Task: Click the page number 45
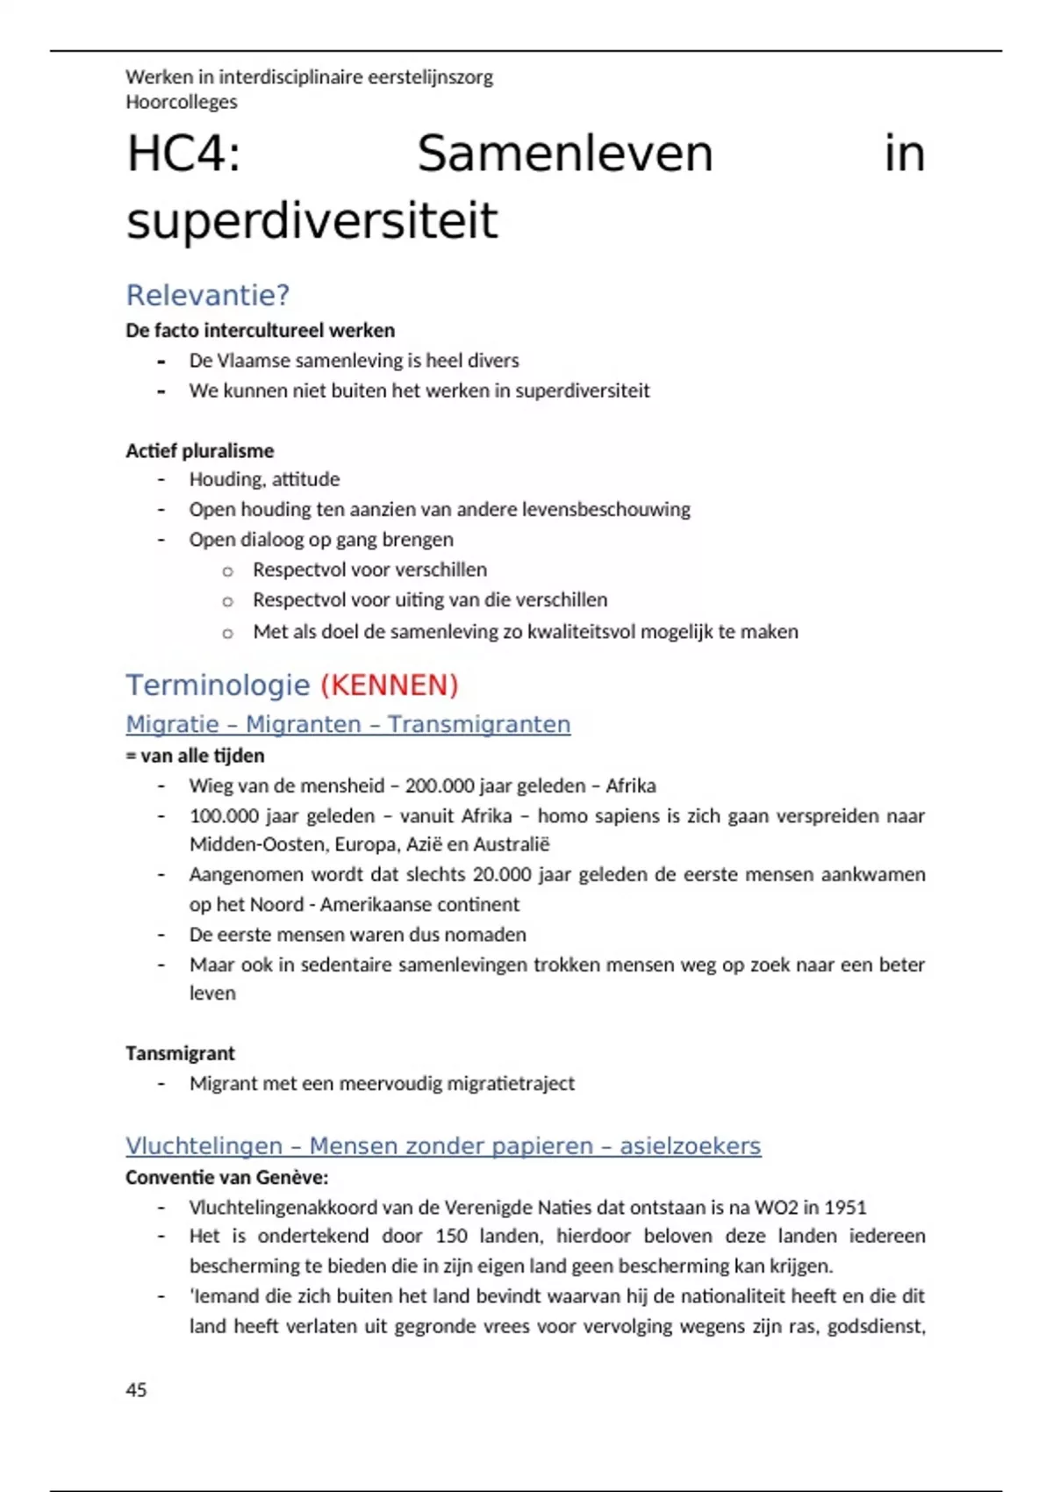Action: click(x=136, y=1389)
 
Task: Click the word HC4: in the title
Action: click(x=183, y=154)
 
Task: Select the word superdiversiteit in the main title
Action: click(x=312, y=221)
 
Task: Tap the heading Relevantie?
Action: click(x=207, y=295)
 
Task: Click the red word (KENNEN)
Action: click(x=390, y=685)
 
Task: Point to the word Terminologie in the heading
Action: click(x=218, y=685)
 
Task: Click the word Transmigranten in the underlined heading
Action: click(x=478, y=724)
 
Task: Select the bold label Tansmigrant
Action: click(x=180, y=1052)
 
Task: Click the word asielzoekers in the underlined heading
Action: click(x=690, y=1145)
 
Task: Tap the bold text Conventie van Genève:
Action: click(x=226, y=1177)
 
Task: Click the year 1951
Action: click(x=845, y=1207)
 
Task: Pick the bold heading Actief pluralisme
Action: click(x=199, y=450)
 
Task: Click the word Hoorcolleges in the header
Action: click(x=181, y=102)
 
